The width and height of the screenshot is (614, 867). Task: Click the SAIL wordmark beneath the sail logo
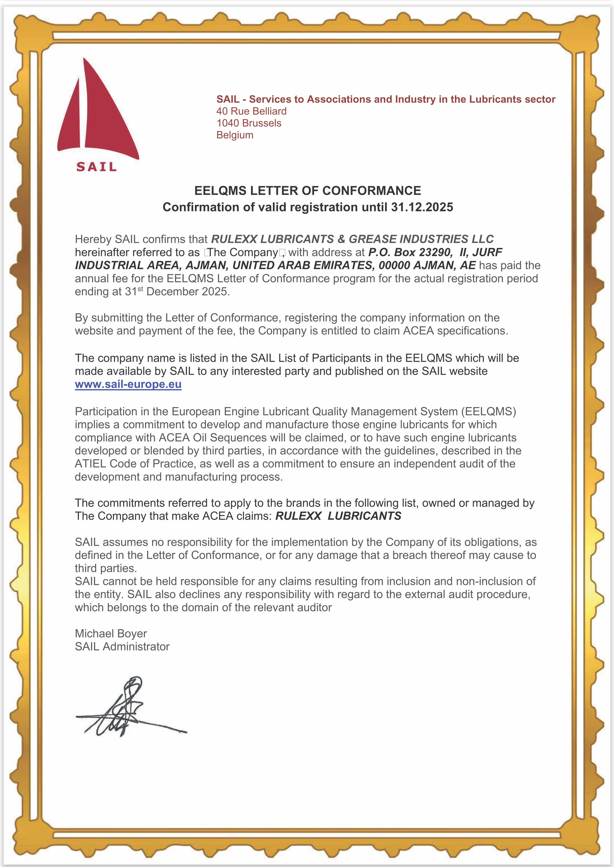pos(96,167)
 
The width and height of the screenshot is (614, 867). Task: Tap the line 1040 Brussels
pos(249,123)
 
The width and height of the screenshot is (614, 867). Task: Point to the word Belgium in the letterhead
pos(235,135)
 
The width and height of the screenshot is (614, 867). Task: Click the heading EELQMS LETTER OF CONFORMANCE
pos(307,191)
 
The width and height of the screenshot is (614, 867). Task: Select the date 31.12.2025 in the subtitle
pos(422,207)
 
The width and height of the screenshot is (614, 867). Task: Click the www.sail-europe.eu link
pos(128,384)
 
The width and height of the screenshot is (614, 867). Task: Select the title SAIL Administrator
pos(122,647)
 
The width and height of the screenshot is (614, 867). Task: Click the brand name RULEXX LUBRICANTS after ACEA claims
pos(338,516)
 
